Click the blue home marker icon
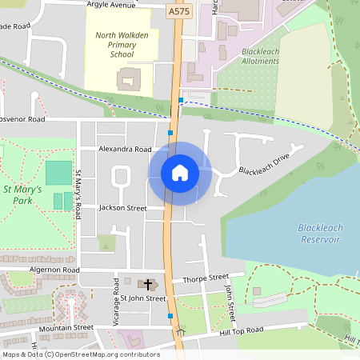tap(180, 173)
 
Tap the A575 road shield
tap(178, 12)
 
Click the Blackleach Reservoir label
tap(320, 233)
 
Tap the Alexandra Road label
tap(125, 149)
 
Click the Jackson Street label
tap(122, 208)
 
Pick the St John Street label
tap(143, 298)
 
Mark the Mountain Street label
tap(67, 327)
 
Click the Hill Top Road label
tap(242, 330)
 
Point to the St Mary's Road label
tap(78, 195)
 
